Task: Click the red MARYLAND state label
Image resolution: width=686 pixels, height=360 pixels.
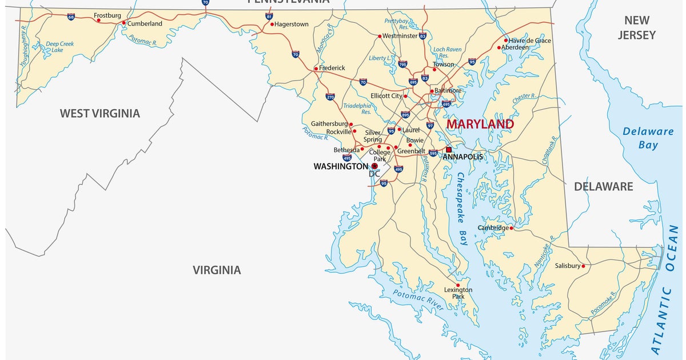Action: click(480, 124)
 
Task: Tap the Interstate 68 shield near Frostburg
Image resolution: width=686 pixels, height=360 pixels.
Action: click(70, 17)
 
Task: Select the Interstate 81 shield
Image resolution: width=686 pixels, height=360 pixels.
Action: click(269, 17)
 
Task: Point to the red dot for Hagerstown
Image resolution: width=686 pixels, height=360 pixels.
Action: click(272, 25)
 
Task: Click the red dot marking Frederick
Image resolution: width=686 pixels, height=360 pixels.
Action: click(316, 69)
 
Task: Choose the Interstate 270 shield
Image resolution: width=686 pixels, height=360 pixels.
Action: click(330, 97)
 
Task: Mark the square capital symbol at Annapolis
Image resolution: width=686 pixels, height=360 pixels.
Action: click(449, 149)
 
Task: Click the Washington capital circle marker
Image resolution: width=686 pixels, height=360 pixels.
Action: click(374, 166)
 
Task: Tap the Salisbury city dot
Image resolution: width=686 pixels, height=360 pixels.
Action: click(584, 266)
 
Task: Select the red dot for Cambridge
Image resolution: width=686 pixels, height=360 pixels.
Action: click(512, 227)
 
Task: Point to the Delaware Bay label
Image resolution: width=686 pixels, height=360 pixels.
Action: click(648, 138)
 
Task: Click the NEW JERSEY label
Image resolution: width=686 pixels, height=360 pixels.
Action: click(636, 27)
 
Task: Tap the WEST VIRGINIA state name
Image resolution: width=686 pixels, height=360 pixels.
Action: click(99, 113)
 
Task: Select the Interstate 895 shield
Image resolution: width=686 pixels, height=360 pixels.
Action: click(405, 115)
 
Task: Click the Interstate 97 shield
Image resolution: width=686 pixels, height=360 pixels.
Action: click(430, 126)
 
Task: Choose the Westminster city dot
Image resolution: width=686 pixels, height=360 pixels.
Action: click(379, 36)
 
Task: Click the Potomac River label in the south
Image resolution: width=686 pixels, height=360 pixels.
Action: click(418, 299)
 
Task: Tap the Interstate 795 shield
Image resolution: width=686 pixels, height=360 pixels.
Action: click(402, 65)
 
